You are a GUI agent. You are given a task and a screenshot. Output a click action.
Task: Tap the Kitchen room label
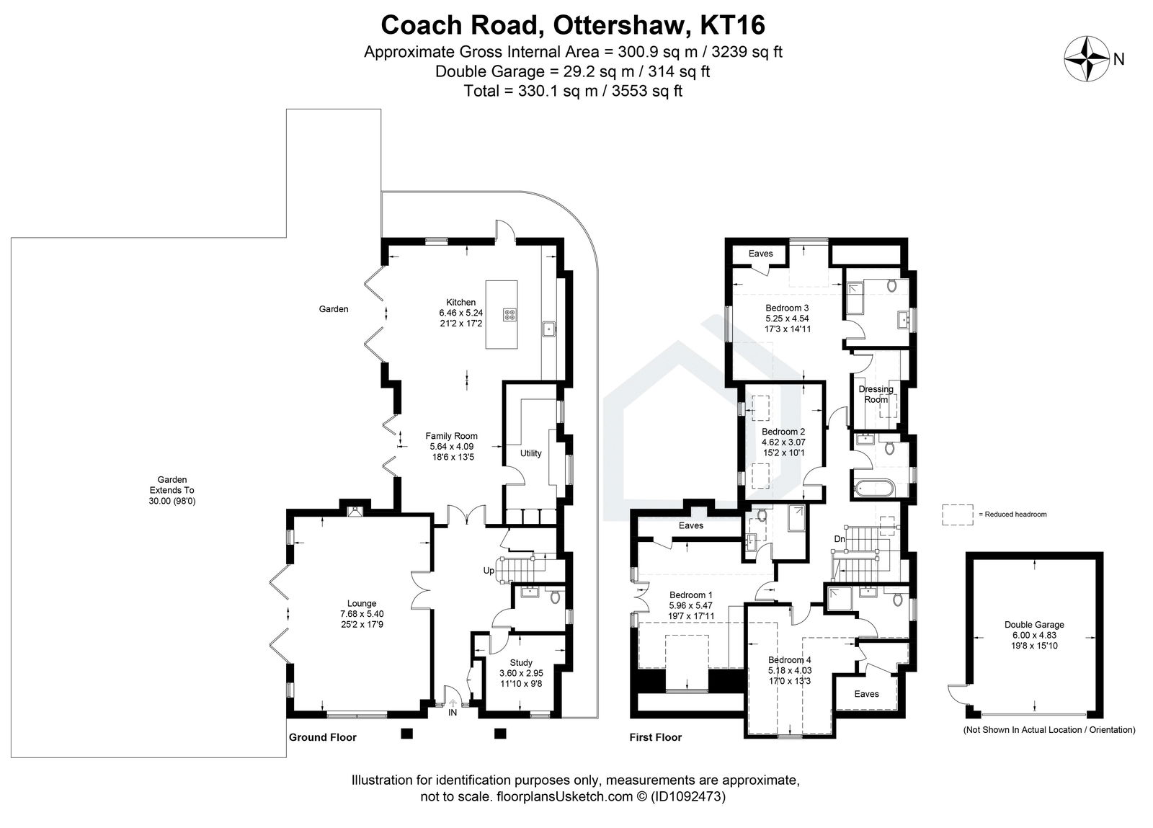[x=460, y=302]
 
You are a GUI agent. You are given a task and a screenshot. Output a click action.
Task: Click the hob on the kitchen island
[x=510, y=314]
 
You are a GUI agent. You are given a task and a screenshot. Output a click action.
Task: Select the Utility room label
[x=530, y=453]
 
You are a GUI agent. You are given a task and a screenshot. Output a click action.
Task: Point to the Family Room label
[x=451, y=436]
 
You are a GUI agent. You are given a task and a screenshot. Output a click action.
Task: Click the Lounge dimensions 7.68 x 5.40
[x=362, y=614]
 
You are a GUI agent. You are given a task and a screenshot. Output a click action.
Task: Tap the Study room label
[x=521, y=663]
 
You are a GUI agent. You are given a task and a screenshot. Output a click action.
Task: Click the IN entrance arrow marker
[x=453, y=705]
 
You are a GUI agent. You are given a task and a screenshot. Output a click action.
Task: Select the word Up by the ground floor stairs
[x=489, y=571]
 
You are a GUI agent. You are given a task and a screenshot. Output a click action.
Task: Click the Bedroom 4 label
[x=789, y=660]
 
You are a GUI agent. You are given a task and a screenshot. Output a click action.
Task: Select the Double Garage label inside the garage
[x=1034, y=625]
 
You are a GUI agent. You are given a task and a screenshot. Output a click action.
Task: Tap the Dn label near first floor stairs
[x=840, y=538]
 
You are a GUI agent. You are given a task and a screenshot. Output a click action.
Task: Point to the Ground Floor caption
[x=322, y=737]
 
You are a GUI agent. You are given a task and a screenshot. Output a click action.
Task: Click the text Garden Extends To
[x=172, y=484]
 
